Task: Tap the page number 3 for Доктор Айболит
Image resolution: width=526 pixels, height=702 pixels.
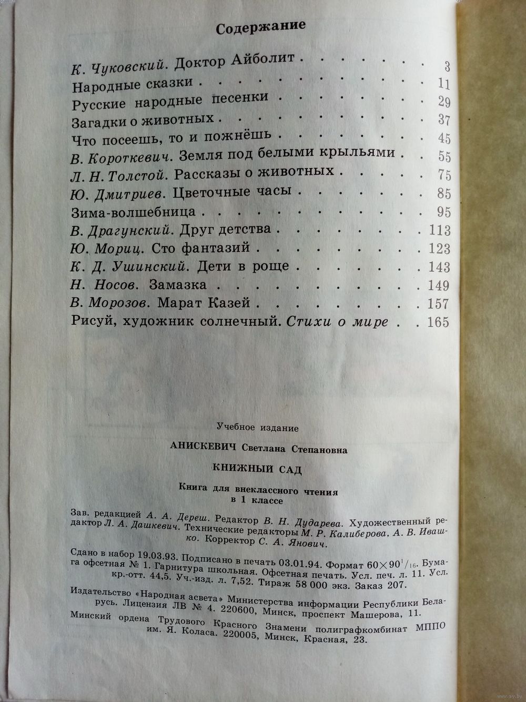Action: (x=447, y=66)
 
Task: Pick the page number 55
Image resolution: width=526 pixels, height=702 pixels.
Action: (x=444, y=156)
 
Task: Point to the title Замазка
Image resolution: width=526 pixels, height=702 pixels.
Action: (x=178, y=285)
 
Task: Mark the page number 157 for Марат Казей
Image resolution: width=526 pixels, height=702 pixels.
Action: (x=439, y=304)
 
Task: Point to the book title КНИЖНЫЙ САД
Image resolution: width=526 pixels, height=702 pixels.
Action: (x=257, y=469)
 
